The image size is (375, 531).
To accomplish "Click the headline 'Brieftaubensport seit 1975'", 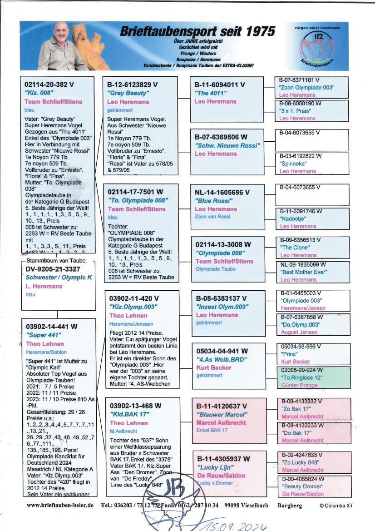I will [197, 31].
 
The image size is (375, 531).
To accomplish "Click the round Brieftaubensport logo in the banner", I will [317, 49].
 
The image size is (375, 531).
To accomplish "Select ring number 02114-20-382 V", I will [50, 84].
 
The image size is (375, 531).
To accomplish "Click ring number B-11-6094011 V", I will [220, 84].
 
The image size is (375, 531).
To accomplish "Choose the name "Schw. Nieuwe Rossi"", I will [227, 145].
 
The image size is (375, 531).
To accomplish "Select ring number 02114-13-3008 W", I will [223, 244].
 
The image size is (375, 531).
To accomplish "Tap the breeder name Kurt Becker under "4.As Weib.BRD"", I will [213, 367].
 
